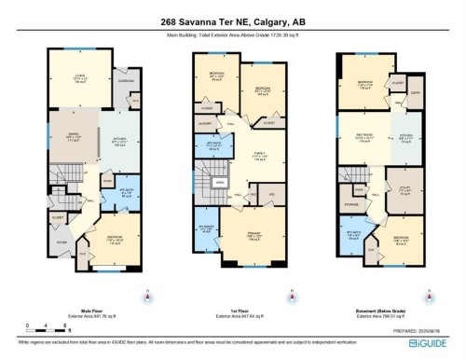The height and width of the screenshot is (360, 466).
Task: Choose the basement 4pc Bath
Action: pos(352,236)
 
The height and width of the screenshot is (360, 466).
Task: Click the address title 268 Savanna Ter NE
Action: pos(233,23)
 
